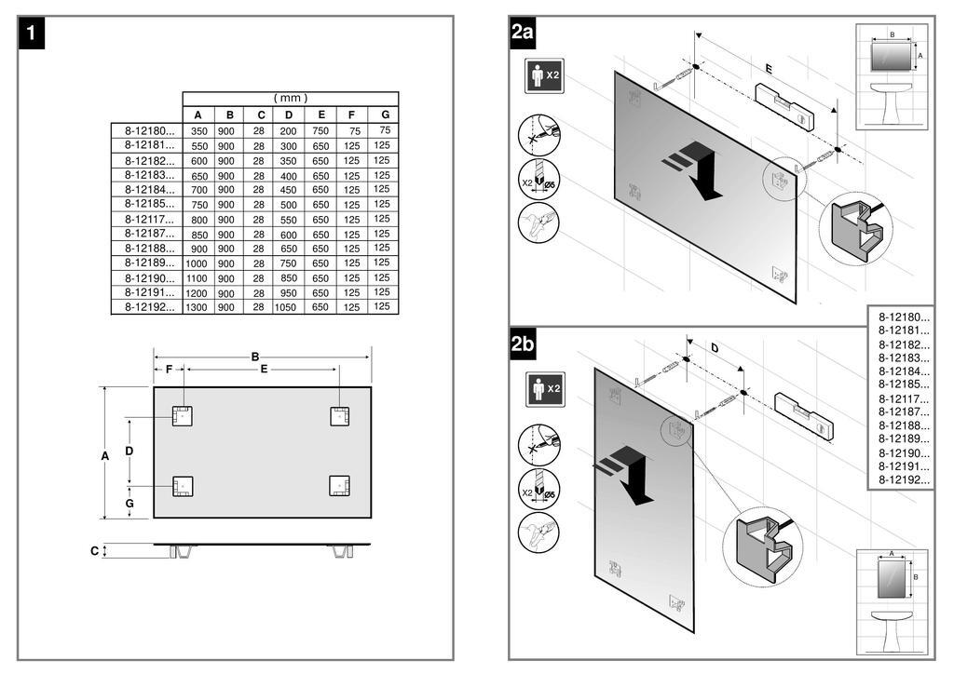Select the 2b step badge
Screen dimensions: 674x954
pos(522,344)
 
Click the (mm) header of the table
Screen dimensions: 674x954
pos(290,98)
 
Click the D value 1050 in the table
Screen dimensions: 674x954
pos(288,307)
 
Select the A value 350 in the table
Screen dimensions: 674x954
pos(198,131)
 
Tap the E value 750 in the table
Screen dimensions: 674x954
pos(320,131)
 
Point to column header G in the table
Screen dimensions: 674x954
pos(383,115)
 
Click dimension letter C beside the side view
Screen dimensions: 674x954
pos(94,551)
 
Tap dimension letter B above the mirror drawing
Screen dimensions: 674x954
pos(255,357)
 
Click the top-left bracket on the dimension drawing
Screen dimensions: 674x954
pos(182,415)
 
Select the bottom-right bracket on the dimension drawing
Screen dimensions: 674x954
pos(340,485)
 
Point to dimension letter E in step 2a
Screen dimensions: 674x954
pos(768,69)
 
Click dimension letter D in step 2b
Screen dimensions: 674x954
pos(715,348)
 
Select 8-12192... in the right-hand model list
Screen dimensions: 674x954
pos(904,479)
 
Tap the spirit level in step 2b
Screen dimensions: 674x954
pos(803,415)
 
